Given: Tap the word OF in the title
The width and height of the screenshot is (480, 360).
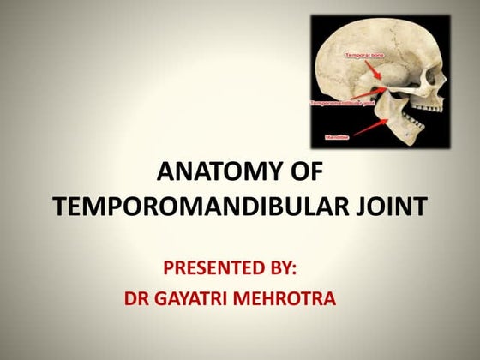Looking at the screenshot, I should point(304,173).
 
